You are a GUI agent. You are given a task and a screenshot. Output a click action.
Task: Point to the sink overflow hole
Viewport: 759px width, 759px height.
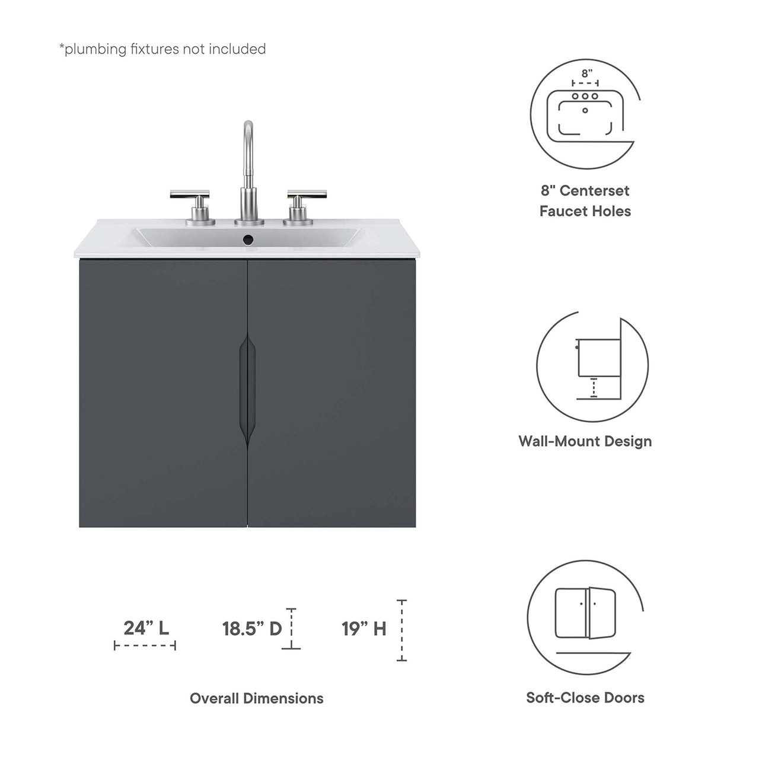point(248,240)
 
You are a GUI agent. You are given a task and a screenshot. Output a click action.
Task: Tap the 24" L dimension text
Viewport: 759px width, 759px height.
point(146,628)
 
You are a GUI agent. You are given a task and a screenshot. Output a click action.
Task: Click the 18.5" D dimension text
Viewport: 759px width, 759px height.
point(252,629)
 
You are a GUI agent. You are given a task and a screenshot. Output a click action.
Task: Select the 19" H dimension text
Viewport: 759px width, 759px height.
point(363,629)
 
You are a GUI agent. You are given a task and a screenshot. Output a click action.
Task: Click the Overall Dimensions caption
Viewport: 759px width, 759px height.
point(256,699)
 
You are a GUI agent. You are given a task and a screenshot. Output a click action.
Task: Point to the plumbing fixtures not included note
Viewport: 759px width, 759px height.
point(162,49)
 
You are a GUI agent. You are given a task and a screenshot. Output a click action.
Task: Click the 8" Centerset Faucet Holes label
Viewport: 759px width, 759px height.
point(585,201)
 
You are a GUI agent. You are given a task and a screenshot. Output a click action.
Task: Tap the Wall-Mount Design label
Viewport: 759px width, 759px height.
point(585,441)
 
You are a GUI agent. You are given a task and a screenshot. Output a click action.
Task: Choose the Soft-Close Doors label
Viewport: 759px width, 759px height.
point(585,698)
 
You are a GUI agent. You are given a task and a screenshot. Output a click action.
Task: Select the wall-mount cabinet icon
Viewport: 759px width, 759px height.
point(593,365)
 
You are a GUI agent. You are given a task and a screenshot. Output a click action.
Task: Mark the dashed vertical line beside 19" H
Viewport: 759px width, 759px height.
point(402,630)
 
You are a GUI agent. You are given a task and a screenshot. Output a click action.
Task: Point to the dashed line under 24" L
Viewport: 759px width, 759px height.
point(145,646)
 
